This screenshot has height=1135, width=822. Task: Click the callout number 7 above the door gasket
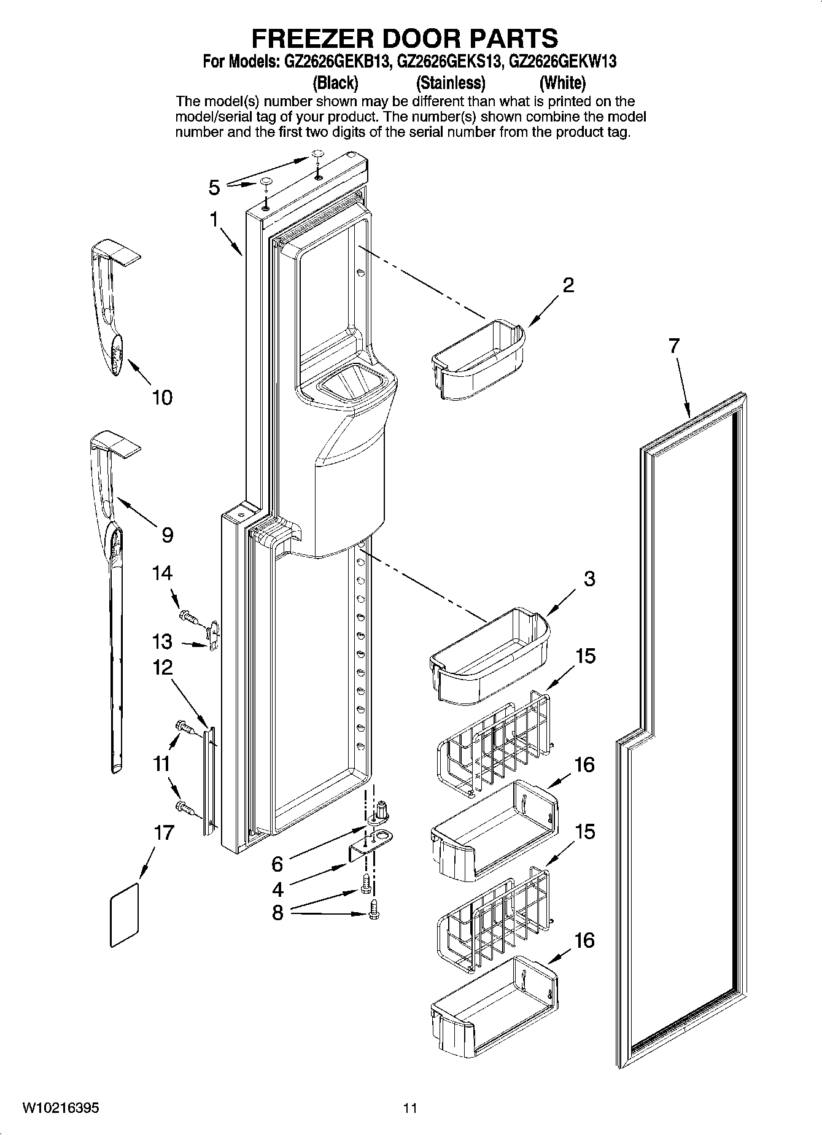point(674,346)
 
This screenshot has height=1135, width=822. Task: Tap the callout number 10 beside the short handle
point(162,398)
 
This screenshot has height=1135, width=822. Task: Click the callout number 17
point(163,833)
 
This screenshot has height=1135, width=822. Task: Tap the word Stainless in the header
point(451,82)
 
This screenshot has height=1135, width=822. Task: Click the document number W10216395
point(61,1108)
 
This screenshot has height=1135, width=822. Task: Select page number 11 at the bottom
point(410,1108)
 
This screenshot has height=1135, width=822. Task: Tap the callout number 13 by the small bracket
point(162,642)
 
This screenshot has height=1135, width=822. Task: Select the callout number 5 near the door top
point(214,187)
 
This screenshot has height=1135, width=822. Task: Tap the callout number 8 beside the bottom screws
point(277,913)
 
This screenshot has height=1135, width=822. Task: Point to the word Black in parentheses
point(335,82)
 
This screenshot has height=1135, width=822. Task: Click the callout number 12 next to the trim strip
point(162,668)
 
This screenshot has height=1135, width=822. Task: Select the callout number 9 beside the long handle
point(167,535)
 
